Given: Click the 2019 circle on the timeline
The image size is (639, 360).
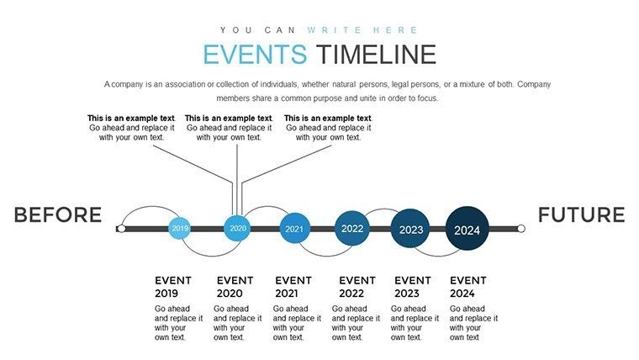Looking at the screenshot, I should pos(180,228).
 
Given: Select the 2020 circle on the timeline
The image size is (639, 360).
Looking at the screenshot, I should pos(238,228).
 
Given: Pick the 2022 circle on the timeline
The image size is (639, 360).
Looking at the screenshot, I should pos(352,228).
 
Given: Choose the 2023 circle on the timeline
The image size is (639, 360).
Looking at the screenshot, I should pos(410,229).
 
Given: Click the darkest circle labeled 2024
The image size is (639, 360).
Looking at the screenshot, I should pos(467,229).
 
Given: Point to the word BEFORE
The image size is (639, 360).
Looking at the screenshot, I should pos(57,215).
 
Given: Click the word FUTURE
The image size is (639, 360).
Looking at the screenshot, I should pos(581,214).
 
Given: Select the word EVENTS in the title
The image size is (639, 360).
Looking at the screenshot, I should pos(255,55).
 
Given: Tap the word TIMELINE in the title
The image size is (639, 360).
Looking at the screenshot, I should pos(376,55).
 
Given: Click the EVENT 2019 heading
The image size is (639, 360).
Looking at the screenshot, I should pos(173,287).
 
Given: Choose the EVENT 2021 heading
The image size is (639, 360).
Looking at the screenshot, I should pos(293,287).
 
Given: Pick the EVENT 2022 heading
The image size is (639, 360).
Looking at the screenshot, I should pos(356,287).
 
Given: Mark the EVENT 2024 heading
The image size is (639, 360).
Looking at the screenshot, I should pos(468,287).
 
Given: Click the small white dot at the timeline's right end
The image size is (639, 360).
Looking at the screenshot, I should pos(520,229).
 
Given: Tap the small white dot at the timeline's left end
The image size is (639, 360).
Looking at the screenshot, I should pos(121,229).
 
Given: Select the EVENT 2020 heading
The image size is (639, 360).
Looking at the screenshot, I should pos(235,287).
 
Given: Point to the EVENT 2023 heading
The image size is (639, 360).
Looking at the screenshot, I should pos(413,287).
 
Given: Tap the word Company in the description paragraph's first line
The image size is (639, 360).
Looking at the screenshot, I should pos(533,85).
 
